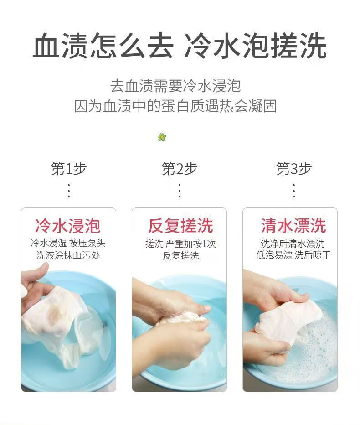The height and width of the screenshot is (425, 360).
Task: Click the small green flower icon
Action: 161,137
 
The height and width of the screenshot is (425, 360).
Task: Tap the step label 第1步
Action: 69,169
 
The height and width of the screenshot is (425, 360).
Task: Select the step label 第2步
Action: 180,169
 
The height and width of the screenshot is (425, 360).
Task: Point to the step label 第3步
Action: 294,169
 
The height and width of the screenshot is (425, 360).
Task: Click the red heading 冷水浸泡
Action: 68,226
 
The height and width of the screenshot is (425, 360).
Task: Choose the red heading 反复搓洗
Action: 180,226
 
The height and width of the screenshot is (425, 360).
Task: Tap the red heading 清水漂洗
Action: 293,226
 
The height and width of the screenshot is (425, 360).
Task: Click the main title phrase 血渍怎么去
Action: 103,46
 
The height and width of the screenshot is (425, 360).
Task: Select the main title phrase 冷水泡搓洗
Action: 255,46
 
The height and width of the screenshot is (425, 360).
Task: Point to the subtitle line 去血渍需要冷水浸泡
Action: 175,86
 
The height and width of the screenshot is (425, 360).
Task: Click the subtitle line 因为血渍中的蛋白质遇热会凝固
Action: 175,106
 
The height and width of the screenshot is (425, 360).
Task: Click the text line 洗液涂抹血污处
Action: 68,255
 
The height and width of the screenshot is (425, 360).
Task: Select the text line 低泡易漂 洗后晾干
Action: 293,255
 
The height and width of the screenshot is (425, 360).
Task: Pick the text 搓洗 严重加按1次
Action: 180,244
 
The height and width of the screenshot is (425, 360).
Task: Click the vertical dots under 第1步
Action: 69,191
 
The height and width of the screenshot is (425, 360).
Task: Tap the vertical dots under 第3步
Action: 294,191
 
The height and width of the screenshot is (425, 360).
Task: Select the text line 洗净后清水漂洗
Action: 293,244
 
